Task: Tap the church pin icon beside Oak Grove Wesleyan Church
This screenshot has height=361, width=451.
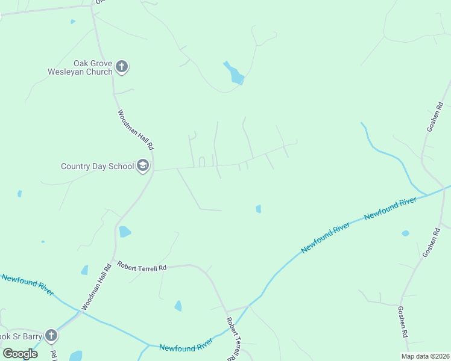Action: pos(122,67)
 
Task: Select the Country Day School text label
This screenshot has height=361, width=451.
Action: pos(97,166)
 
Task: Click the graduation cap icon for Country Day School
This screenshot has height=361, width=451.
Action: pos(143,165)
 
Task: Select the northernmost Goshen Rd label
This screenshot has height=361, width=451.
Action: pos(435,117)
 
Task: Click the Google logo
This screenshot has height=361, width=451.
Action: pos(20,353)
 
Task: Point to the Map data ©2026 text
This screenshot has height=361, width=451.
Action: pos(425,356)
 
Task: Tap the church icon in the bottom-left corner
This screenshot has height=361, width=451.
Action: pos(51,335)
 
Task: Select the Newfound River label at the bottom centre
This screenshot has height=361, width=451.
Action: pos(186,347)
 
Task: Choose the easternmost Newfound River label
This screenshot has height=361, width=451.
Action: pos(391,208)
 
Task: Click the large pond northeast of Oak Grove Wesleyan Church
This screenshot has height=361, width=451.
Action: pos(234,73)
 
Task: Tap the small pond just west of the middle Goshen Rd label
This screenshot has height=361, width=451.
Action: pos(405,233)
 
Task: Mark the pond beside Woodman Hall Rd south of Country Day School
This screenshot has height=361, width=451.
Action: pos(125,232)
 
